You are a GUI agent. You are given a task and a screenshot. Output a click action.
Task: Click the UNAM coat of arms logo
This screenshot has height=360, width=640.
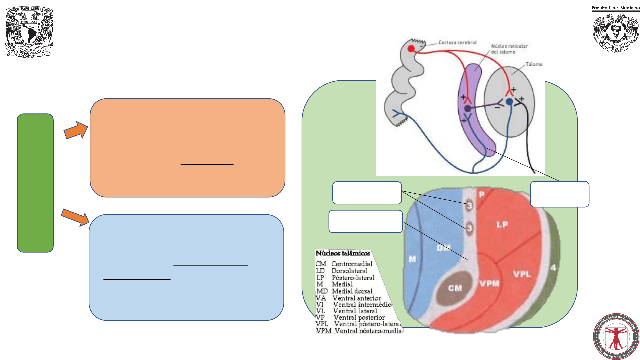[29, 32]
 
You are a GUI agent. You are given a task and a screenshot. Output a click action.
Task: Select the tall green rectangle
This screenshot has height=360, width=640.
[35, 183]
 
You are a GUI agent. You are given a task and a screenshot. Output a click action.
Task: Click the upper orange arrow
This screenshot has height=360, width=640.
[76, 130]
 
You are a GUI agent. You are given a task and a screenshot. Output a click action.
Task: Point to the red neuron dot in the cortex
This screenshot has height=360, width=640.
[411, 49]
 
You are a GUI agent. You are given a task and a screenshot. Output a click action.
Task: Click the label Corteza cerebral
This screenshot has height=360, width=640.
[457, 43]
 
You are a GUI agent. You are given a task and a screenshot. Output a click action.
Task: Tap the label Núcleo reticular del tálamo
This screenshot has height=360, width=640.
[509, 49]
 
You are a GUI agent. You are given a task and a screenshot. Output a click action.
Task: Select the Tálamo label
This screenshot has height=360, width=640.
[534, 64]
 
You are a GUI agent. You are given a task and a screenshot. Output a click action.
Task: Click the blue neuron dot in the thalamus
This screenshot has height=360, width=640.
[509, 102]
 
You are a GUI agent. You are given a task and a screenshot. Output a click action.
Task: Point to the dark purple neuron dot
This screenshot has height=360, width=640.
[468, 108]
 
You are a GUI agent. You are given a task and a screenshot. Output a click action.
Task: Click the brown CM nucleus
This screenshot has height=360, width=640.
[455, 288]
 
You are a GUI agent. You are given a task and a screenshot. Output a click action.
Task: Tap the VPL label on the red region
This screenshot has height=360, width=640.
[522, 274]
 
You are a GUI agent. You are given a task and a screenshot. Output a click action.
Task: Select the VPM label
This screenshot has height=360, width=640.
[490, 284]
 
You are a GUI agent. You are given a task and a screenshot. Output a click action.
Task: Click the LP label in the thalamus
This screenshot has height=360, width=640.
[502, 225]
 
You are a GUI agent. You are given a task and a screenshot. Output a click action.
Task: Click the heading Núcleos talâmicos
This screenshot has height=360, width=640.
[343, 253]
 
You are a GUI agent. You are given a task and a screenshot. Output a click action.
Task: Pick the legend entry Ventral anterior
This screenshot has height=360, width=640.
[357, 298]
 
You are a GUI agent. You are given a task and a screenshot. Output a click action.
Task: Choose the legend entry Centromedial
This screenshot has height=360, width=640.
[352, 264]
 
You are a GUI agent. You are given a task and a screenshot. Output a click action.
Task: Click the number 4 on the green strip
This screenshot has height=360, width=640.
[553, 268]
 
